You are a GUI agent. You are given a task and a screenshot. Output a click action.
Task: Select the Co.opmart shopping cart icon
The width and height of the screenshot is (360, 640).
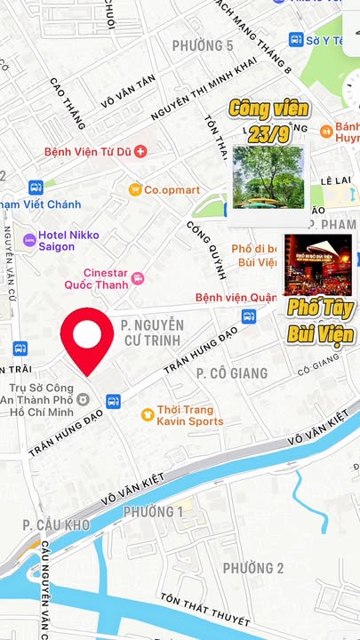tap(135, 189)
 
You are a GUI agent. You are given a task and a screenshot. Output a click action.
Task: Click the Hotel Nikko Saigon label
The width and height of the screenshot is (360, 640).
tap(69, 240)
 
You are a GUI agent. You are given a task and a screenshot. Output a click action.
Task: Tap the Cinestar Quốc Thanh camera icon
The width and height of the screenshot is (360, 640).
tap(137, 278)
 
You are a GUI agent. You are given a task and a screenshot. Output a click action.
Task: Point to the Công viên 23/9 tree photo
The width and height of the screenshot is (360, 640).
tap(268, 175)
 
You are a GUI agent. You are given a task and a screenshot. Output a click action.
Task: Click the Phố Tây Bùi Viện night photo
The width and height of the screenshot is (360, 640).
tap(317, 264)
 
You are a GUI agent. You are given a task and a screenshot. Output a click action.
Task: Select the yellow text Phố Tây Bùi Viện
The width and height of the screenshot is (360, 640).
tap(320, 322)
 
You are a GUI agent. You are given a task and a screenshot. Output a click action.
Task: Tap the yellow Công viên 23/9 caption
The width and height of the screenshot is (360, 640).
tap(269, 119)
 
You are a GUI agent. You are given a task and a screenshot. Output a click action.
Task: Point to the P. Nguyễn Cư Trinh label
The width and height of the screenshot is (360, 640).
tap(153, 333)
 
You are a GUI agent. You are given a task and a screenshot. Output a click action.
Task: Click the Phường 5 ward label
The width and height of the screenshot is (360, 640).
tap(203, 45)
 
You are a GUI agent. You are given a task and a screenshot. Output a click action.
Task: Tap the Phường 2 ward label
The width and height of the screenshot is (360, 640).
tap(252, 568)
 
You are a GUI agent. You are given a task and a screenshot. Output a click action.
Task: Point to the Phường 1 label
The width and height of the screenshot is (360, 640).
tap(153, 512)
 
